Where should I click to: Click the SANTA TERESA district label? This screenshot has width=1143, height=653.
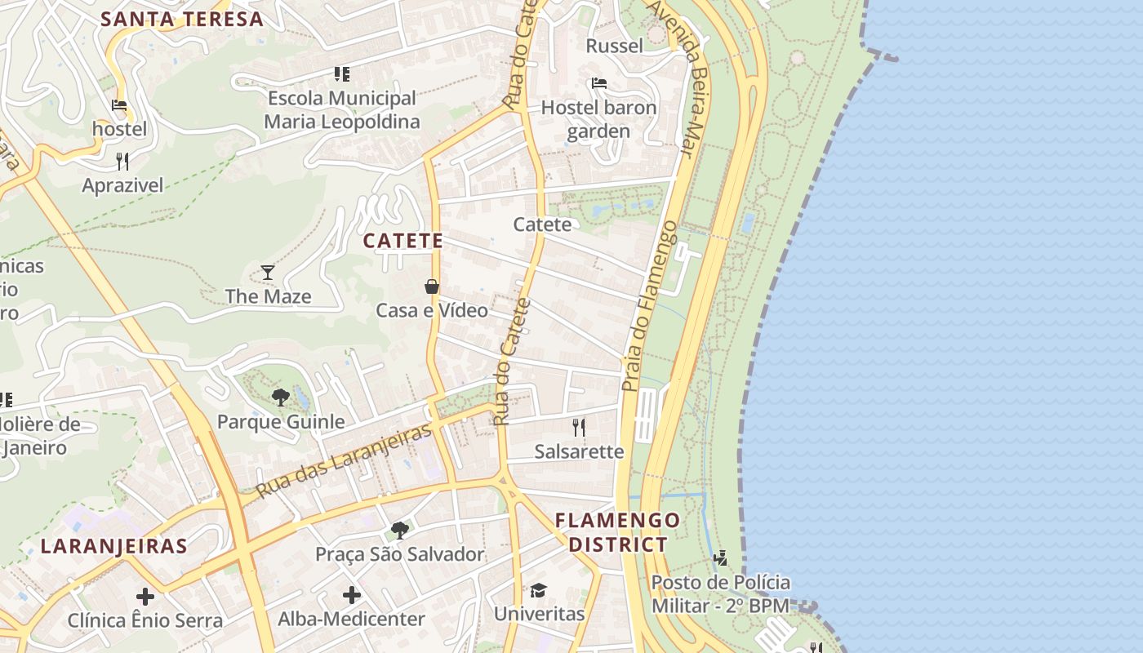coord(182,19)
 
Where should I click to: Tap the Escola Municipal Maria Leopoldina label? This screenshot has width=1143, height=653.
coord(341,110)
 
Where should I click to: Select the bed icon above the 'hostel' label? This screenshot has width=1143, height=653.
coord(119,105)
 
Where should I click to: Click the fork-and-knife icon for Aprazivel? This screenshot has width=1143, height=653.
coord(122,161)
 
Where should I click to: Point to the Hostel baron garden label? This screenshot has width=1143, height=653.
coord(598,119)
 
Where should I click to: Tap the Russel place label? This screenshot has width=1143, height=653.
coord(615,46)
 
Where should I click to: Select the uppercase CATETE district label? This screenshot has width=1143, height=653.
coord(403,241)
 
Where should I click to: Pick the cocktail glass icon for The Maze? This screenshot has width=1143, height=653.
coord(268,272)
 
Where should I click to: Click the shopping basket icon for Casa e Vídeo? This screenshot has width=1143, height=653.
coord(432,287)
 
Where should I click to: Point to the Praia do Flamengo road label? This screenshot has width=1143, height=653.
coord(650,306)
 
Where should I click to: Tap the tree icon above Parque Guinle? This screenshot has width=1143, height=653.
coord(281,398)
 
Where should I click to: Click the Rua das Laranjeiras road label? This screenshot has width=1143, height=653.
coord(343,461)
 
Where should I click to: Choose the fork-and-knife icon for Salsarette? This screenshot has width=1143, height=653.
coord(579,427)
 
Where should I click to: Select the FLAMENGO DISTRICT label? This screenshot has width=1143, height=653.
coord(617,532)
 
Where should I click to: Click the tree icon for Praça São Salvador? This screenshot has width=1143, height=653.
coord(400,531)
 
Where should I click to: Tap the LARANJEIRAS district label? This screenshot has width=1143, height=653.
coord(114,546)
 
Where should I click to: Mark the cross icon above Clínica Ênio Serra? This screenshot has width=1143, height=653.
coord(145,597)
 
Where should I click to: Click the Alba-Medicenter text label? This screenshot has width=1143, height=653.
coord(351,619)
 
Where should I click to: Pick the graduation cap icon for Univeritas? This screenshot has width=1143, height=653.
coord(538,590)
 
